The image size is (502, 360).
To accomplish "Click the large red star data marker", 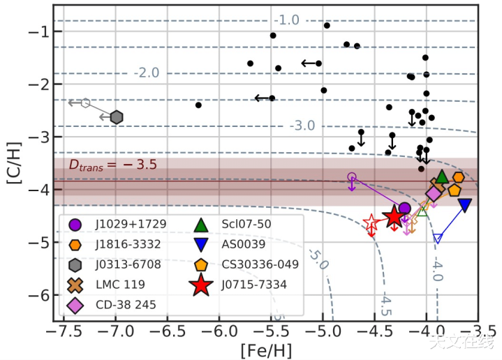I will tap(394, 217).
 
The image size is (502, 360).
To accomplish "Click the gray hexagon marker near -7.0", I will tap(117, 117).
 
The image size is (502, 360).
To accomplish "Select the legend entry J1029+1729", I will tap(115, 225).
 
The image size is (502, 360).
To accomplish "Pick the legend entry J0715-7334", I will tap(244, 285).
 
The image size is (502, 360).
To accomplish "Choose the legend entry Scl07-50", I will tap(244, 225).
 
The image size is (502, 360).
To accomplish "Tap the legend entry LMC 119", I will tap(112, 285).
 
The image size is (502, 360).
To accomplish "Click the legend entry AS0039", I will tap(241, 245).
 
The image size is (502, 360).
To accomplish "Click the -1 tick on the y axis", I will tap(38, 31).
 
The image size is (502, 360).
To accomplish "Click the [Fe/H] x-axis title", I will tap(265, 348).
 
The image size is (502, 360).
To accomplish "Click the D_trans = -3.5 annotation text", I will tap(112, 165).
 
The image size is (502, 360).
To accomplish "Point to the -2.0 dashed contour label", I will tap(147, 73).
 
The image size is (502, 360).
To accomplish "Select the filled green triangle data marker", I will tap(441, 178).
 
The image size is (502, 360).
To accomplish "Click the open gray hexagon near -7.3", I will tap(85, 103).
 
